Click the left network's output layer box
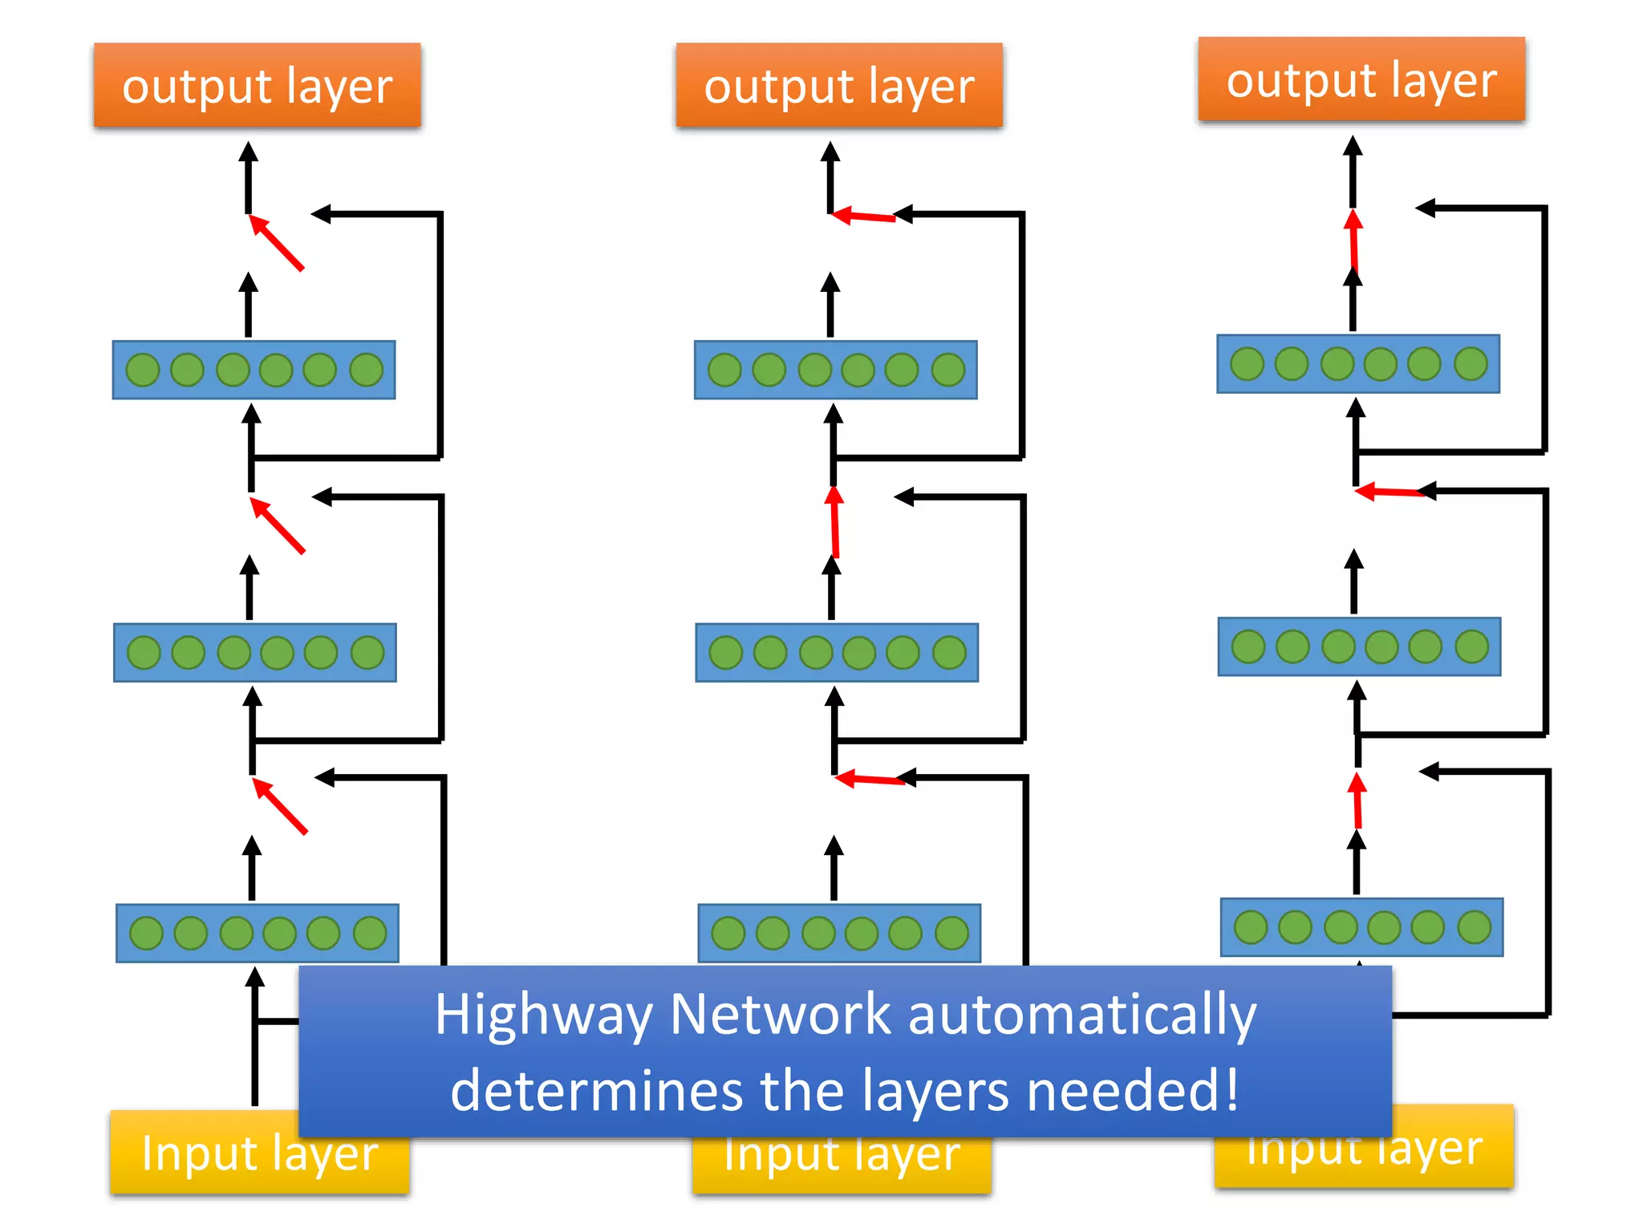coord(257,85)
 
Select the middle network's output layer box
coord(838,85)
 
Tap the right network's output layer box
coord(1361,79)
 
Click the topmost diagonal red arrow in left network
coord(277,243)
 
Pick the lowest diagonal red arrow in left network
coord(280,806)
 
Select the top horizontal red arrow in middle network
coord(863,216)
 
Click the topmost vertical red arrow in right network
coord(1354,239)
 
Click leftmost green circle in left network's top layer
coord(144,370)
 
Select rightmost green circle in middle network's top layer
coord(948,370)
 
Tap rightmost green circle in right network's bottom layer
coord(1474,927)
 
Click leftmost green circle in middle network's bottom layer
coord(728,933)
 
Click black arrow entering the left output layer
coord(249,176)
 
